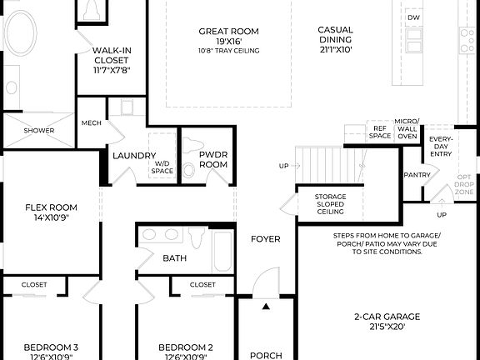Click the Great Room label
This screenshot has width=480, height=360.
click(x=227, y=36)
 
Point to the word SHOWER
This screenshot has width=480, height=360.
click(x=38, y=131)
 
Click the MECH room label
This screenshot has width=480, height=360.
click(x=91, y=123)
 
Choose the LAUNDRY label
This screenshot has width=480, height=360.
click(x=133, y=156)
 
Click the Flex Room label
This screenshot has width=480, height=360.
click(x=51, y=212)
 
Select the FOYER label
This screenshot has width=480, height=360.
click(x=266, y=240)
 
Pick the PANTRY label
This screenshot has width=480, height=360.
click(x=416, y=175)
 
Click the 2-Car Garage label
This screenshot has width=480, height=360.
click(x=387, y=322)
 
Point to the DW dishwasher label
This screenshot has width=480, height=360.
click(x=413, y=17)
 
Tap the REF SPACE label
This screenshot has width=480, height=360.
click(x=380, y=132)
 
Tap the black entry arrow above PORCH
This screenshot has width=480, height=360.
click(x=266, y=307)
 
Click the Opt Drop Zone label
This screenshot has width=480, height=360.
click(x=463, y=185)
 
